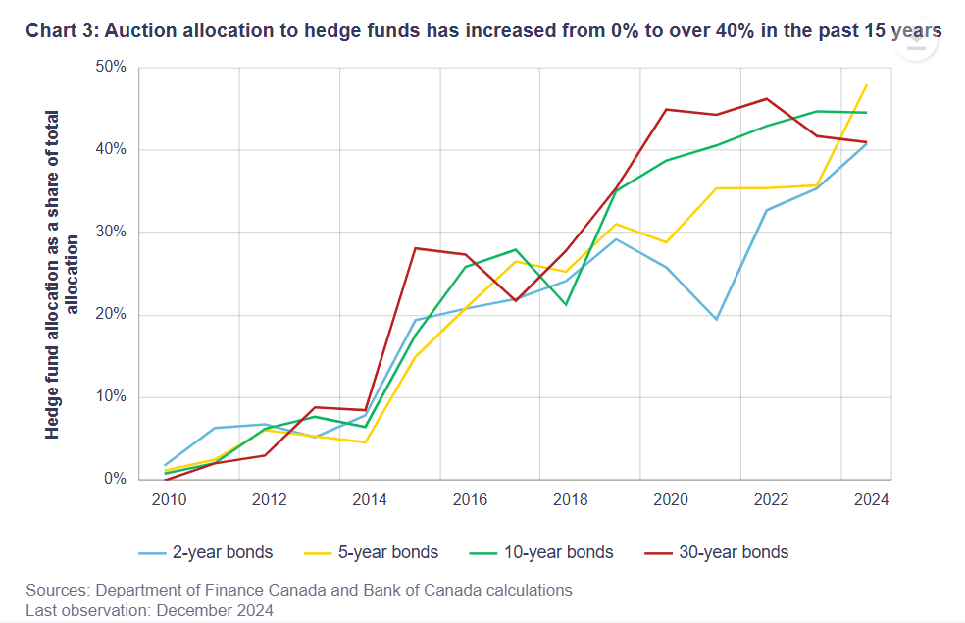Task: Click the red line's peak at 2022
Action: point(767,98)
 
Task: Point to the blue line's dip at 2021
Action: point(716,320)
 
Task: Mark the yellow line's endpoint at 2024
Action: point(867,85)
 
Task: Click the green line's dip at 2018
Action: point(566,305)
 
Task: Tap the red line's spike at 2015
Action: point(415,248)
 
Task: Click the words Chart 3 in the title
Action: point(60,31)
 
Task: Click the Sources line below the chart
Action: point(299,591)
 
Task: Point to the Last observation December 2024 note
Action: point(150,609)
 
